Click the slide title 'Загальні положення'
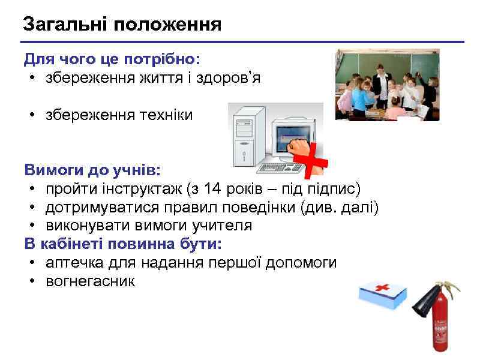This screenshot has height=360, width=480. (122, 25)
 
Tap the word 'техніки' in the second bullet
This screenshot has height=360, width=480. (167, 115)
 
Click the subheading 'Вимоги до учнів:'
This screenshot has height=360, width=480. (92, 170)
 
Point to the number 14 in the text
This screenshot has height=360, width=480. (212, 190)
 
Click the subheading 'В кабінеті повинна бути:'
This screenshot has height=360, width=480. (123, 244)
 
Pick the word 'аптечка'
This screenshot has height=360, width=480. (75, 263)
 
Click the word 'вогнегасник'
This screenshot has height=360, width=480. (91, 281)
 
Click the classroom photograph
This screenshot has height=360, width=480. (387, 85)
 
